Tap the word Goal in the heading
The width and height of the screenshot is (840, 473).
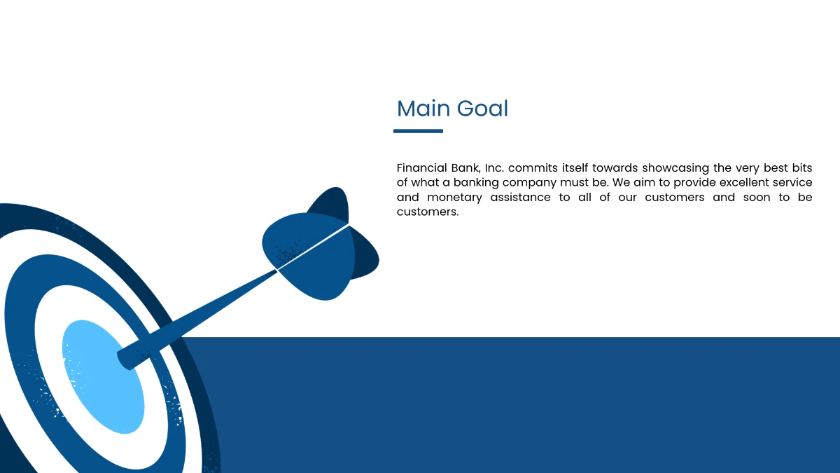[x=482, y=109]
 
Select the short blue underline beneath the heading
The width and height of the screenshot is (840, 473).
[x=418, y=131]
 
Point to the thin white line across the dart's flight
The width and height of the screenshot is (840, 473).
[x=313, y=247]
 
